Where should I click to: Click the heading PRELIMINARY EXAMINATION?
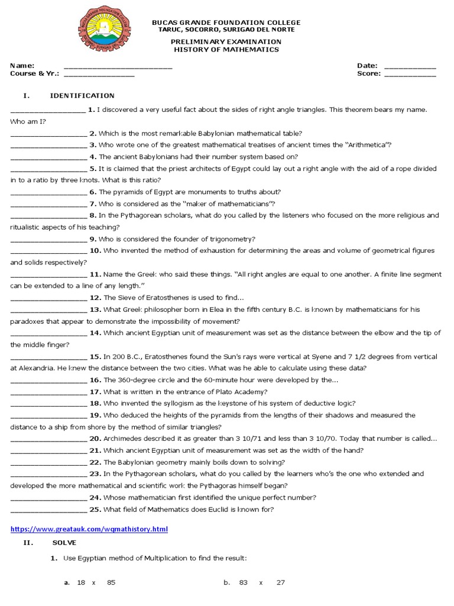pyautogui.click(x=226, y=42)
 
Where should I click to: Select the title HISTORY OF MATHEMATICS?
pyautogui.click(x=226, y=50)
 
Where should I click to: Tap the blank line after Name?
pyautogui.click(x=118, y=67)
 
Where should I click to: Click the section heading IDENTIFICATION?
pyautogui.click(x=82, y=95)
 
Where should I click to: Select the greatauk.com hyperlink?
pyautogui.click(x=89, y=529)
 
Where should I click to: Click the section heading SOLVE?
pyautogui.click(x=64, y=543)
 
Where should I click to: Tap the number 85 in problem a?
pyautogui.click(x=111, y=582)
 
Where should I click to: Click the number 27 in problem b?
pyautogui.click(x=280, y=582)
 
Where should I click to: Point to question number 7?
pyautogui.click(x=93, y=204)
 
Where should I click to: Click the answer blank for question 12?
pyautogui.click(x=48, y=298)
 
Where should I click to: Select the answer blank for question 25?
pyautogui.click(x=48, y=510)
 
